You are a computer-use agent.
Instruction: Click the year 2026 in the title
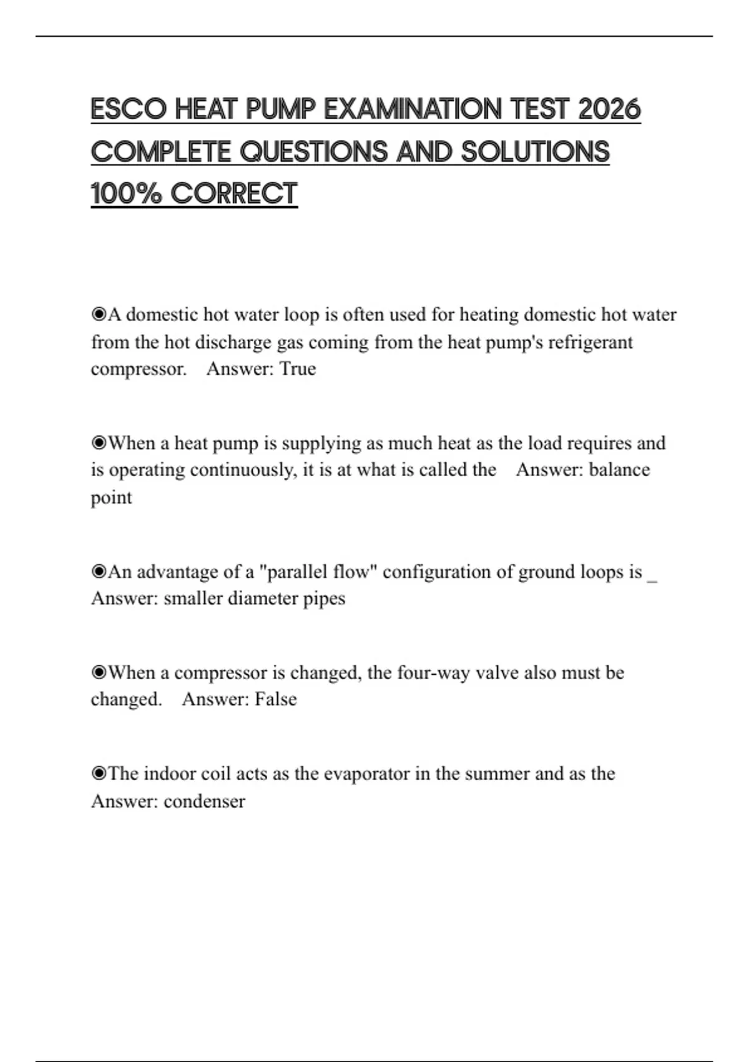609,109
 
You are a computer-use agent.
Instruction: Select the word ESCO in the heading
129,109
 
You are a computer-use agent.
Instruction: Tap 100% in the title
127,193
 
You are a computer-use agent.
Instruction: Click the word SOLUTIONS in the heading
535,152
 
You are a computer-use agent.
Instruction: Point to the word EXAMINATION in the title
413,109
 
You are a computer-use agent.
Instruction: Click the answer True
298,369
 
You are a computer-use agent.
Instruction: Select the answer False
275,698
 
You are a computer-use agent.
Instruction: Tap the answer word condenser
204,801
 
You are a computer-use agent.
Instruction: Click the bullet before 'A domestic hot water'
99,314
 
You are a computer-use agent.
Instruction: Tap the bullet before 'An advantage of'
99,572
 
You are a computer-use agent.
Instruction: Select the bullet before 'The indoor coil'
99,773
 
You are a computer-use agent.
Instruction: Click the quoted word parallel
298,572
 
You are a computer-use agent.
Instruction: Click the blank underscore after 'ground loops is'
652,579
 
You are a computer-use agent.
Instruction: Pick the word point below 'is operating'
111,498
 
